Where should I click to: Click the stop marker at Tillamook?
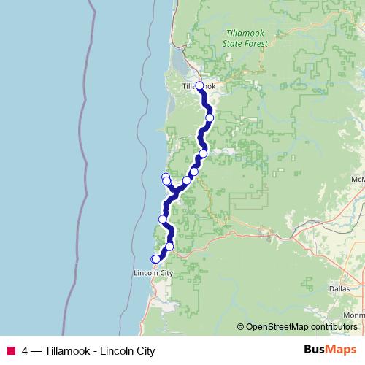click(199, 85)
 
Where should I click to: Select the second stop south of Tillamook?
click(203, 153)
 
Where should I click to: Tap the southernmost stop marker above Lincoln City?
click(155, 259)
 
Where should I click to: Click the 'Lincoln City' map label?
click(153, 274)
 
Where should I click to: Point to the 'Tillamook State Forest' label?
click(246, 39)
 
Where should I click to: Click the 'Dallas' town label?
click(339, 289)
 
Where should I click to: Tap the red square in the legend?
click(10, 351)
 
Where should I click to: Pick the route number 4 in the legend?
click(26, 351)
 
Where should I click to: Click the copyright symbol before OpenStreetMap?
click(241, 327)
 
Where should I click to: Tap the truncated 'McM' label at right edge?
click(357, 179)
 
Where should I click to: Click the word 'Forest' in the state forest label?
click(256, 44)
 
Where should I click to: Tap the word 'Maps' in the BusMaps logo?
click(339, 350)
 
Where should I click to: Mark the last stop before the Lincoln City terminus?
click(169, 246)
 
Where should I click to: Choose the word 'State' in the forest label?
click(234, 44)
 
